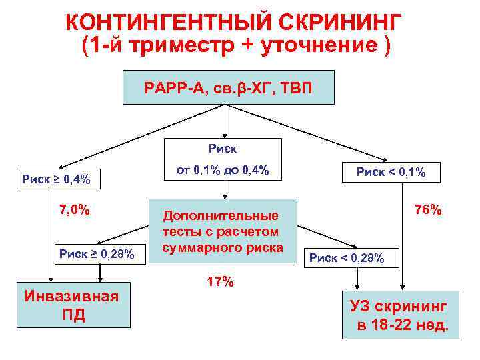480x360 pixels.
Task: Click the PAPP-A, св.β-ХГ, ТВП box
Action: click(228, 87)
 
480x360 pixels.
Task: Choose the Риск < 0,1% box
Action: click(390, 171)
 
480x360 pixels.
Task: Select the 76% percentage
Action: click(428, 210)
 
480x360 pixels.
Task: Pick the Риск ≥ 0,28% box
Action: click(97, 253)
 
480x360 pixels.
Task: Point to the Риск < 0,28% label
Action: click(346, 257)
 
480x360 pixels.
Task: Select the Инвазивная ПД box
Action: click(71, 305)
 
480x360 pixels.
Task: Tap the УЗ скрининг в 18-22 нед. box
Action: click(400, 316)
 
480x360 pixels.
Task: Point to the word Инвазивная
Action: click(71, 296)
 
